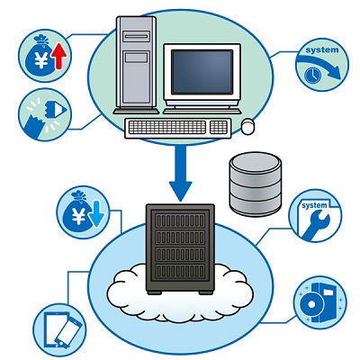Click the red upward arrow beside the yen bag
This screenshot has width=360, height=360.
[60, 56]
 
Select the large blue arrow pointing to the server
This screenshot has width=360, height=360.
[180, 174]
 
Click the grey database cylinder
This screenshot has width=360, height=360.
[256, 184]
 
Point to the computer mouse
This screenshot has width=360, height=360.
[247, 126]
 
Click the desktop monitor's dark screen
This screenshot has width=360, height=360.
[202, 72]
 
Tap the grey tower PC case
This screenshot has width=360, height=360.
[136, 65]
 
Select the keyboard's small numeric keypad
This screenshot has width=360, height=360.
[218, 127]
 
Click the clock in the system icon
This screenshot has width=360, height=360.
[312, 75]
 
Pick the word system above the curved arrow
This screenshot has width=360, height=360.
[322, 49]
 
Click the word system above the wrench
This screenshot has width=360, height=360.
[314, 206]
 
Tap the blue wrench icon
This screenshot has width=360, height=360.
[316, 225]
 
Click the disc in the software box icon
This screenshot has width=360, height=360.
[311, 304]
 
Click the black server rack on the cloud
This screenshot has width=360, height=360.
[180, 249]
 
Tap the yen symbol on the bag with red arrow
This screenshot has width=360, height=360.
[41, 60]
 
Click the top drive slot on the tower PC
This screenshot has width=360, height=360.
[137, 37]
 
